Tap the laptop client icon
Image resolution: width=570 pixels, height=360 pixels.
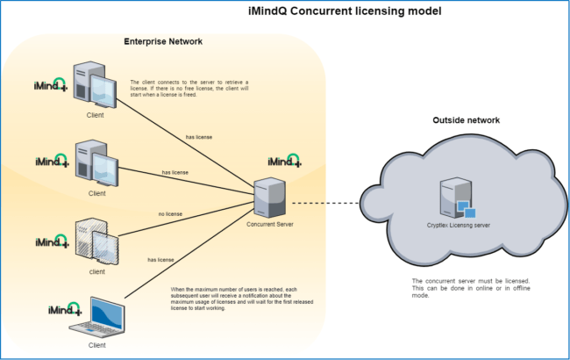103,317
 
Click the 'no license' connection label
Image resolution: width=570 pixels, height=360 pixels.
171,213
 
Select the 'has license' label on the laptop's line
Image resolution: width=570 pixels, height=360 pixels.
160,260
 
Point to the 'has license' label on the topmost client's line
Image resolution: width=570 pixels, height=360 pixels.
199,137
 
